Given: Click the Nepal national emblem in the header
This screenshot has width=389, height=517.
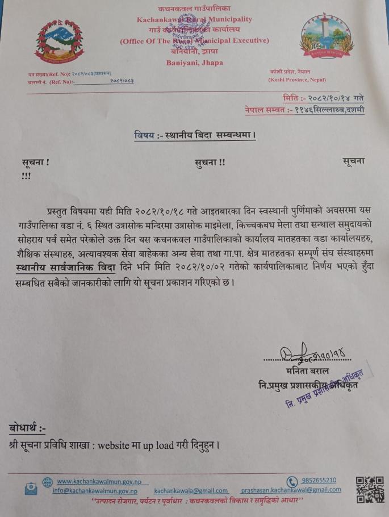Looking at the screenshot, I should (55, 41).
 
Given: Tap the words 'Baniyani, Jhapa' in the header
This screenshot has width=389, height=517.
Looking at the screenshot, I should (195, 62).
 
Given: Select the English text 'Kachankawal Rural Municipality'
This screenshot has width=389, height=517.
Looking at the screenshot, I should (194, 19).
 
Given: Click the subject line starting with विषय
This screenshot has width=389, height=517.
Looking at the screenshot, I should (195, 135).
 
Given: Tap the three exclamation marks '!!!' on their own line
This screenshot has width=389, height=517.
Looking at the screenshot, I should (26, 176).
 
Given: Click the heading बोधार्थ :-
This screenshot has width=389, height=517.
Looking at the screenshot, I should (27, 428).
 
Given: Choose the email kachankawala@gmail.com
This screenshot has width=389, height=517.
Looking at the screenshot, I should (191, 490).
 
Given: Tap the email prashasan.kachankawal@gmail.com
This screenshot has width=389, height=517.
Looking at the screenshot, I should (291, 490).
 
